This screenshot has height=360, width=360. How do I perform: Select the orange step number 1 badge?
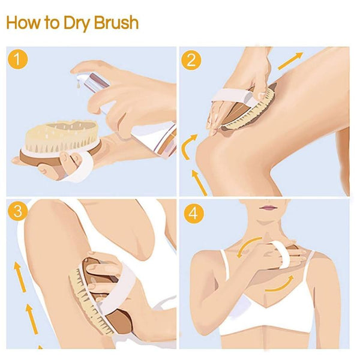coord(19,59)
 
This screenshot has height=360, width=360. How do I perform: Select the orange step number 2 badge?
coord(193,59)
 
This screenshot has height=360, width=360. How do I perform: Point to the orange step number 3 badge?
coord(19,212)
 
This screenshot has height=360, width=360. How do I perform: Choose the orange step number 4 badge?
coord(193,212)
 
